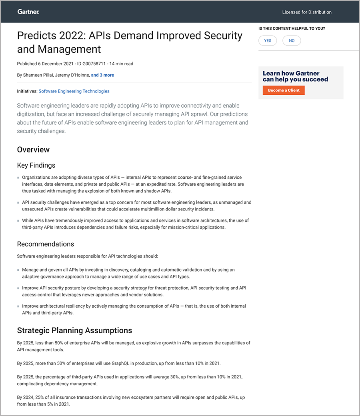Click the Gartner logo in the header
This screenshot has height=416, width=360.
coord(28,12)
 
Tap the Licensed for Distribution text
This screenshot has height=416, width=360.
coord(307,12)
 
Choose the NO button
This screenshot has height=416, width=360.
coord(292,40)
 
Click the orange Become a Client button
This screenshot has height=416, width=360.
coord(284,90)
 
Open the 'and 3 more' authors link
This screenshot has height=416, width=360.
coord(102,75)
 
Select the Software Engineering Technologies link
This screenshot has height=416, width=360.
coord(74,91)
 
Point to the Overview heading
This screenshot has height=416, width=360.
coord(33,150)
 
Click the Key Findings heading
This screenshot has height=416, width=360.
coord(36,165)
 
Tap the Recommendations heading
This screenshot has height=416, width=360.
coord(46,244)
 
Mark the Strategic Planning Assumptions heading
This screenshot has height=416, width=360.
coord(74,330)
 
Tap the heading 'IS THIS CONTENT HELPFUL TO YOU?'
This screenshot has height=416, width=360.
coord(292,29)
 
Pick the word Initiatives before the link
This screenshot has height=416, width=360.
coord(27,91)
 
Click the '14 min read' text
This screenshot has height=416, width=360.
coord(121,64)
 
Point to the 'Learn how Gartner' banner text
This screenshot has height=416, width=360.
coord(291,73)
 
